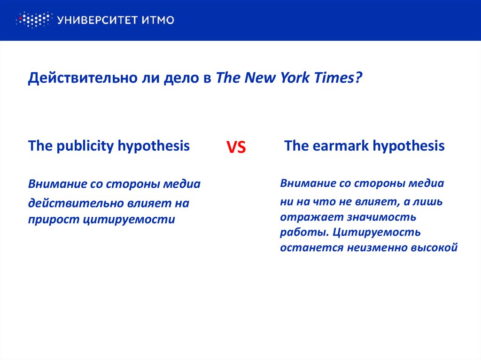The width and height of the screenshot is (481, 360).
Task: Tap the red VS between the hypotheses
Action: [237, 148]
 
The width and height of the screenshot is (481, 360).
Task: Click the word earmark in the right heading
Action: [339, 146]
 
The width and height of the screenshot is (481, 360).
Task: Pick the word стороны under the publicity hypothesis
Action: [133, 184]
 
